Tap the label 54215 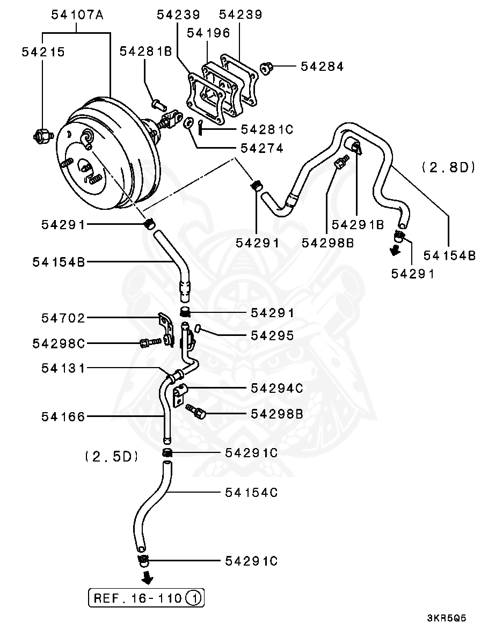pos(43,52)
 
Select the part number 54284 pos(322,67)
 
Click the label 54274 pos(262,148)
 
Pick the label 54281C pos(267,129)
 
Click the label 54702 pos(63,318)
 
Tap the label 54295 pos(272,335)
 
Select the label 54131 pos(63,368)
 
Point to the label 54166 pos(63,416)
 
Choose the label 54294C pos(276,387)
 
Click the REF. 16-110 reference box pos(146,597)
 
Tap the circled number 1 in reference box pos(194,598)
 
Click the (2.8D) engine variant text pos(448,167)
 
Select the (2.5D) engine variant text pos(112,457)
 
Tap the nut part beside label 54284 pos(266,67)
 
